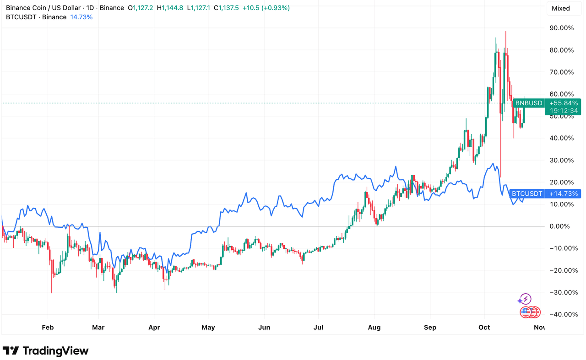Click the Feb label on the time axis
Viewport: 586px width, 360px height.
click(48, 328)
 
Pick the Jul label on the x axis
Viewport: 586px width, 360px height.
click(319, 328)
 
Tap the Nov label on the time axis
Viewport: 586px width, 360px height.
click(539, 328)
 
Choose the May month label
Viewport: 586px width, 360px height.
click(208, 328)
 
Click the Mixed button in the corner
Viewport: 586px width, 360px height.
click(561, 8)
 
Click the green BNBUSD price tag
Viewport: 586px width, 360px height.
click(529, 103)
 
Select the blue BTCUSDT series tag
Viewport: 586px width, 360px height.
click(527, 194)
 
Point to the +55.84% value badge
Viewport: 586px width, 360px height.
click(564, 103)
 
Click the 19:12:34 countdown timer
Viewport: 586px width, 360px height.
click(564, 111)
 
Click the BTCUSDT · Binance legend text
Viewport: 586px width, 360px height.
click(36, 17)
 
